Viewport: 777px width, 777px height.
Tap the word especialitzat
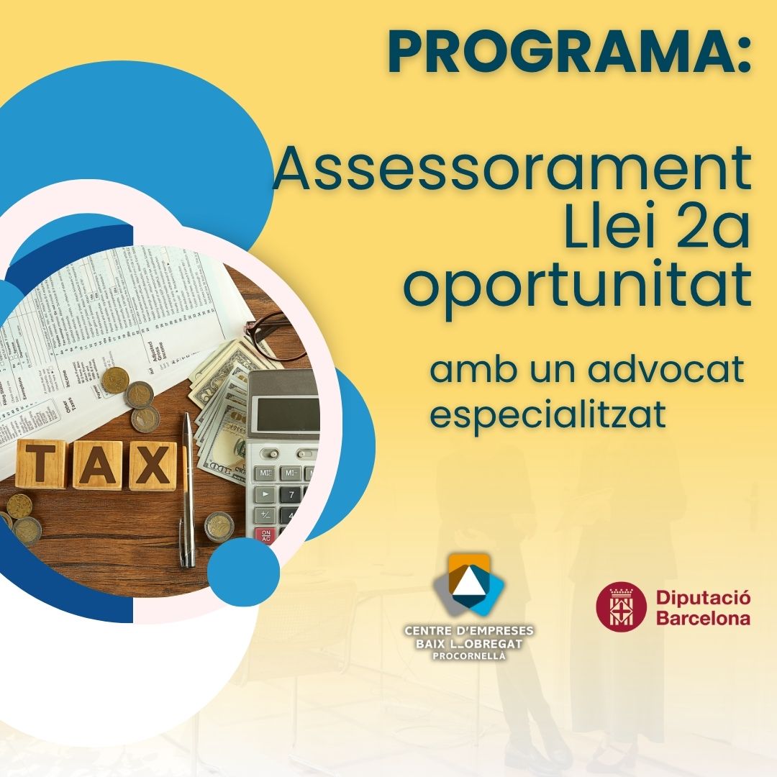pyautogui.click(x=547, y=415)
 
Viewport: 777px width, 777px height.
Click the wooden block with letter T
pyautogui.click(x=41, y=465)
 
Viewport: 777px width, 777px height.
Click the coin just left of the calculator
pyautogui.click(x=219, y=526)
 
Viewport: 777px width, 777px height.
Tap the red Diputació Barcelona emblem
pyautogui.click(x=621, y=606)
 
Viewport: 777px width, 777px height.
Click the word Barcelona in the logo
pyautogui.click(x=702, y=618)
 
